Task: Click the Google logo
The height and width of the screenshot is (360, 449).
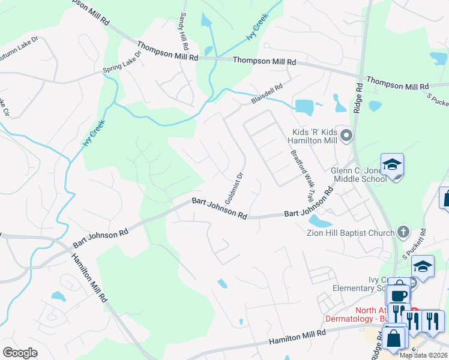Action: pyautogui.click(x=20, y=353)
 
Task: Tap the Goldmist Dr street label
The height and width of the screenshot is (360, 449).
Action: pyautogui.click(x=234, y=187)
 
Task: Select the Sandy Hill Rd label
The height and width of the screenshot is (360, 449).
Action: pyautogui.click(x=184, y=32)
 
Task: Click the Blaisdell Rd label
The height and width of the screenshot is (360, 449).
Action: pyautogui.click(x=267, y=94)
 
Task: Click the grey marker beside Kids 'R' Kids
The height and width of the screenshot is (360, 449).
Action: pyautogui.click(x=345, y=136)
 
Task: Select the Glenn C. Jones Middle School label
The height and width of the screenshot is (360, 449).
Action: pyautogui.click(x=359, y=175)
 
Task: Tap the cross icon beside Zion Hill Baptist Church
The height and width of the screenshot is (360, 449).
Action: pyautogui.click(x=403, y=232)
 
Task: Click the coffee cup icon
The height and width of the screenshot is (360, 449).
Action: pyautogui.click(x=399, y=295)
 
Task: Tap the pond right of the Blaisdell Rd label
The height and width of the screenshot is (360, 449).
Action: pyautogui.click(x=304, y=107)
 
